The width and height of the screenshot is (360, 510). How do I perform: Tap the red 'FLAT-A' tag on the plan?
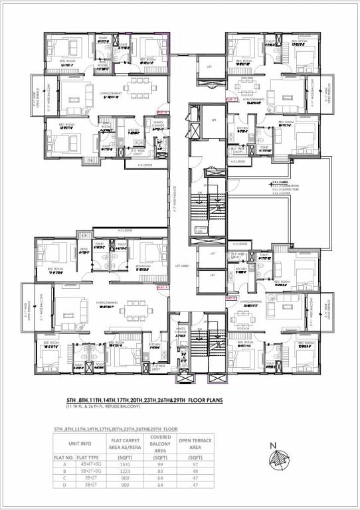point(163,288)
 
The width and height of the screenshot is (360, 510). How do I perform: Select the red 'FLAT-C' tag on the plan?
point(232,99)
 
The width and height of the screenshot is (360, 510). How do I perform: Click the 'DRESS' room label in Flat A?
point(83,250)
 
